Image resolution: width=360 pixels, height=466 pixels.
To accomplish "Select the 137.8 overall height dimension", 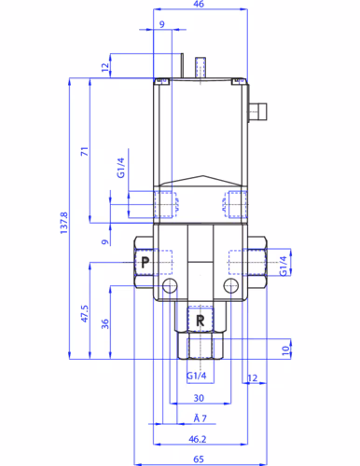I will [x=64, y=222].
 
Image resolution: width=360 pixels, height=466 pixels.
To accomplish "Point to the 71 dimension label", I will [x=85, y=150].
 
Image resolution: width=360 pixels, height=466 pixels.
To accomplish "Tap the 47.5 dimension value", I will [x=85, y=313].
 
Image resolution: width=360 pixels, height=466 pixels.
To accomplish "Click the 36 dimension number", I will [x=105, y=323].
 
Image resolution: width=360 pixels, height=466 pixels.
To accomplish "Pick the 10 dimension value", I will [x=286, y=349].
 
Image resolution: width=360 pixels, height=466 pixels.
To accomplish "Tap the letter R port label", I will [x=200, y=321].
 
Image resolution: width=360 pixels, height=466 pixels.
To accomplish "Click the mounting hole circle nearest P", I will [x=169, y=285].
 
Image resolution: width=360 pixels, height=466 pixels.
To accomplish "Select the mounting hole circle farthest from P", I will [x=229, y=285].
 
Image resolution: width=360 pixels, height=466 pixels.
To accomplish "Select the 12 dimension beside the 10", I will [x=252, y=377].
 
